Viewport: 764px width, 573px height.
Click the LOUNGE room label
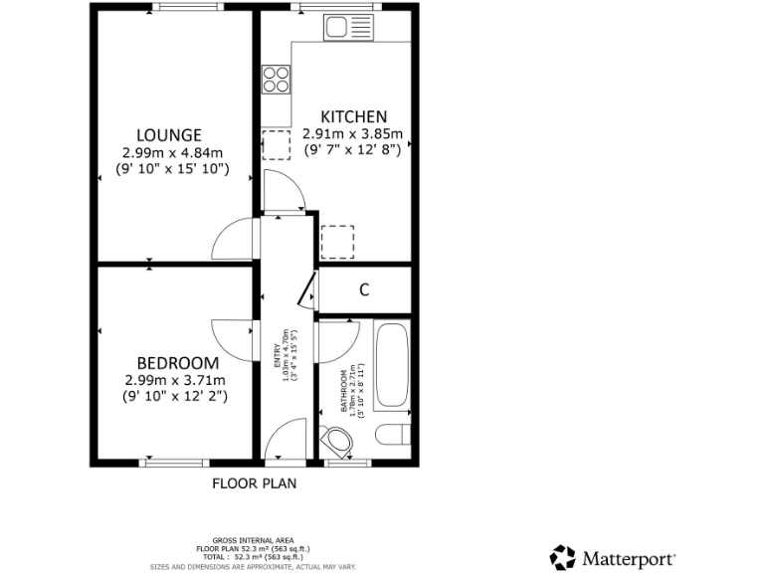pos(169,135)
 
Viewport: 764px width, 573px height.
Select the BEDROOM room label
pos(177,362)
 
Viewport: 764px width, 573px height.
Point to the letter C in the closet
pos(364,290)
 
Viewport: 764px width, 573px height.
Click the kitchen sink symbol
pos(347,28)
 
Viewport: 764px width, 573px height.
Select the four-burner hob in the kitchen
pos(276,80)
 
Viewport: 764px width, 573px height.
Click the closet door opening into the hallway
pos(307,291)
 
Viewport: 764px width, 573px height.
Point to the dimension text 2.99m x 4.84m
pos(169,153)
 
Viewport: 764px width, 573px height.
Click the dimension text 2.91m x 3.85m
pos(352,134)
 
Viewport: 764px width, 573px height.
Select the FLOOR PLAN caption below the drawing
pos(254,484)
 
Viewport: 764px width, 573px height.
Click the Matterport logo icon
pos(563,557)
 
